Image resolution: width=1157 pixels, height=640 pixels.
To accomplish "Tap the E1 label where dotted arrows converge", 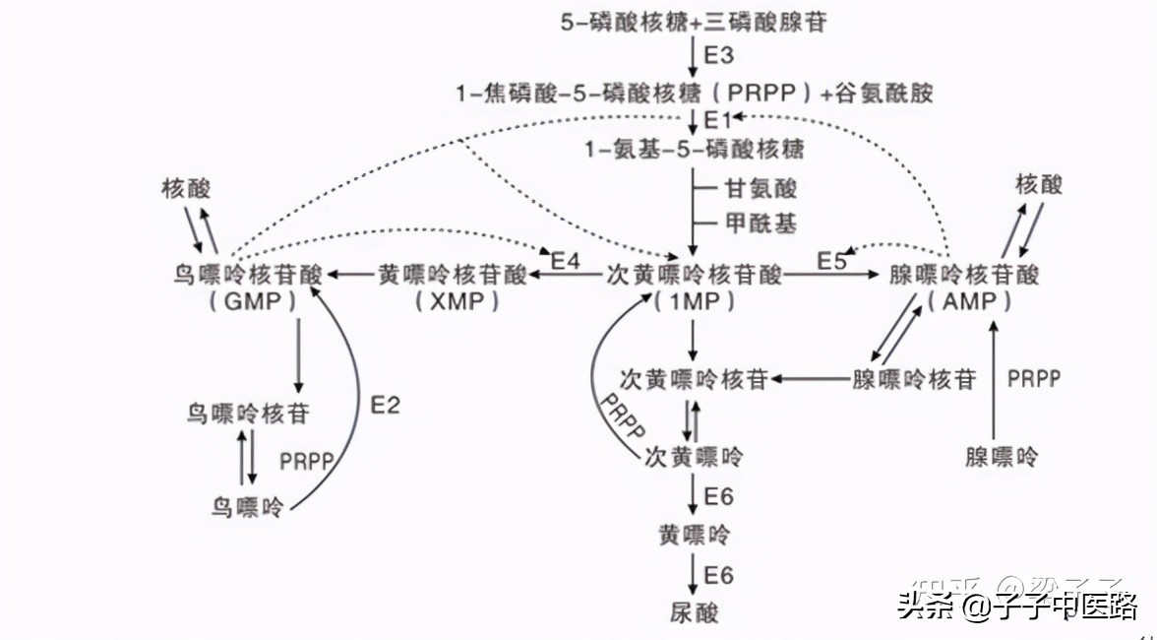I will (718, 120).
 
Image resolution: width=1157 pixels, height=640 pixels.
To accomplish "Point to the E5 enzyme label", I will (831, 261).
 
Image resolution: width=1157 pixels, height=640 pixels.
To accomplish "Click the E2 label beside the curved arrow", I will (385, 405).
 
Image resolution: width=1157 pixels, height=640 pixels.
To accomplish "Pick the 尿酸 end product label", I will (696, 611).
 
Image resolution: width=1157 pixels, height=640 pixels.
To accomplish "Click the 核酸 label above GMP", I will (187, 188).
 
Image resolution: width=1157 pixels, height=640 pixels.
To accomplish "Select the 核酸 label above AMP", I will (1039, 184).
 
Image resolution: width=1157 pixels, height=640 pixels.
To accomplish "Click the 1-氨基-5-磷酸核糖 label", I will (695, 150).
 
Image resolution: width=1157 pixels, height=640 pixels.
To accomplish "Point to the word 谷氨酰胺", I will (881, 94).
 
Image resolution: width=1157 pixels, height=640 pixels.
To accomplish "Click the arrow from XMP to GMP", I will (351, 275).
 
